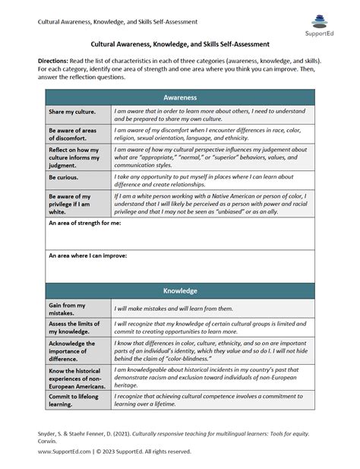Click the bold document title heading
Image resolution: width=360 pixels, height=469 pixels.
click(180, 45)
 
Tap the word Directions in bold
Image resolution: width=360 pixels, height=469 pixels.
click(53, 59)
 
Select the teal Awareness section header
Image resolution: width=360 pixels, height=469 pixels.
click(180, 97)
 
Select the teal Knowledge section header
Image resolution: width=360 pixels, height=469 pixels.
click(180, 290)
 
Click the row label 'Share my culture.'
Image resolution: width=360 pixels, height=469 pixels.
click(72, 112)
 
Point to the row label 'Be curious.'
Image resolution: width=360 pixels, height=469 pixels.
click(65, 177)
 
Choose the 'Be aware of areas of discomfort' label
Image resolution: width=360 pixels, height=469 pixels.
click(74, 134)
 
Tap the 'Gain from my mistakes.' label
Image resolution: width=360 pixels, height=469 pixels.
click(68, 308)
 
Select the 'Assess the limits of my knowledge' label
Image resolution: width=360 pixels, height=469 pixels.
click(74, 328)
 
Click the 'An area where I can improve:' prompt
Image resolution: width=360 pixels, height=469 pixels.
click(87, 255)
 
